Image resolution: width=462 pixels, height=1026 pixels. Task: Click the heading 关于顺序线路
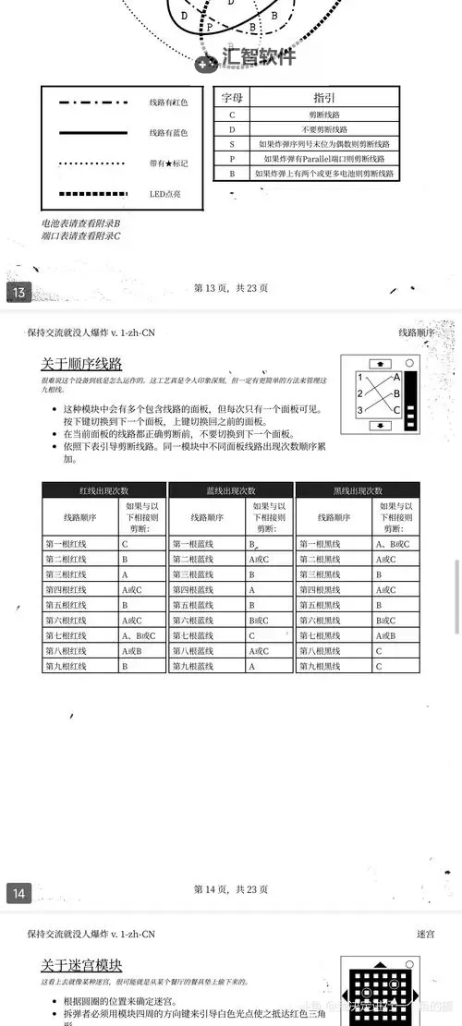81,363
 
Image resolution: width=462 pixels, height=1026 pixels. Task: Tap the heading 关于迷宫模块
81,965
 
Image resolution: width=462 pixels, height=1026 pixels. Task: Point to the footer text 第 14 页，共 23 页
231,889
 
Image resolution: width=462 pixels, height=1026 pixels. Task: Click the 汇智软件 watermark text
258,57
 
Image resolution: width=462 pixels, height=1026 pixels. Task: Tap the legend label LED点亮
165,194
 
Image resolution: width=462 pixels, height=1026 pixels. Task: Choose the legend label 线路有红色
168,103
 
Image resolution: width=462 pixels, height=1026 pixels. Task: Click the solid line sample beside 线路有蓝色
92,133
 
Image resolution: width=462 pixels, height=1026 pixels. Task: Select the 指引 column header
324,97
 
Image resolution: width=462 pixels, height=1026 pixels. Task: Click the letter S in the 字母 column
232,144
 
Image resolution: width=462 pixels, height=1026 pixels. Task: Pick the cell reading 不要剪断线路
324,129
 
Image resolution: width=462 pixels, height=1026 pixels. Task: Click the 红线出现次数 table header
103,490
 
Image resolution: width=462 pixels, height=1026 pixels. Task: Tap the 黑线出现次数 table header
357,490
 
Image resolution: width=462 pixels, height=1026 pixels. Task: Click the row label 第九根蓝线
192,666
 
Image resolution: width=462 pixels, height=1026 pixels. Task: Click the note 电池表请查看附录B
80,223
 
